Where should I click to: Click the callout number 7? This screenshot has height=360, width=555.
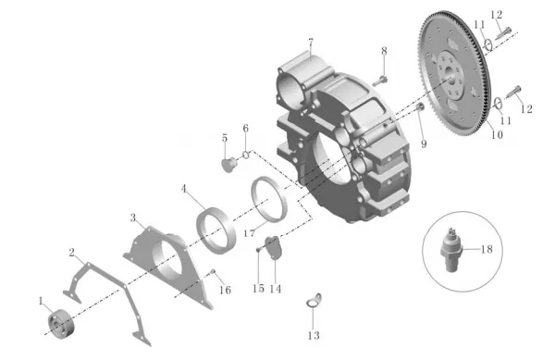pos(311,43)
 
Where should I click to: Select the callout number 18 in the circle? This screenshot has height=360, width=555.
pos(487,249)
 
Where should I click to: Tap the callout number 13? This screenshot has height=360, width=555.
pos(314,335)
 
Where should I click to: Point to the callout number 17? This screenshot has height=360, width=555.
pos(249,233)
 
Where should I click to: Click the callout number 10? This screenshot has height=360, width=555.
pos(497,134)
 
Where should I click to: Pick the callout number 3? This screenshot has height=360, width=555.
pos(132,217)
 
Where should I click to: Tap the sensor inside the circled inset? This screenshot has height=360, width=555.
pos(450,250)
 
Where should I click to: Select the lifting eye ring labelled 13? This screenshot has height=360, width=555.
pos(314,302)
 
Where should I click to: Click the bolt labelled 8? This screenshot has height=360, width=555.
pos(379,81)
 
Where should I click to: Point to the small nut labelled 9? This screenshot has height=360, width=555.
pos(420,106)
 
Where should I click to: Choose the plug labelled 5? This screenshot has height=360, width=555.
pos(228,165)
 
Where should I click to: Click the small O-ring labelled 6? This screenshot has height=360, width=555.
pos(246,155)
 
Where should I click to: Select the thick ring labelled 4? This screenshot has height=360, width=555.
pos(216,230)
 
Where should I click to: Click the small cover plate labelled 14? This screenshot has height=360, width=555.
pos(273,247)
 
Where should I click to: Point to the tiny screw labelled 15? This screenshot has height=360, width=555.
pos(258,250)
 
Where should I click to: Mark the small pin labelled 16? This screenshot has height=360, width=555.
pos(213,271)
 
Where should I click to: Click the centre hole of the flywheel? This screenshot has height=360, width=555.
pos(450,71)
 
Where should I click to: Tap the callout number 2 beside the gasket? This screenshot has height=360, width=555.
pos(72,253)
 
